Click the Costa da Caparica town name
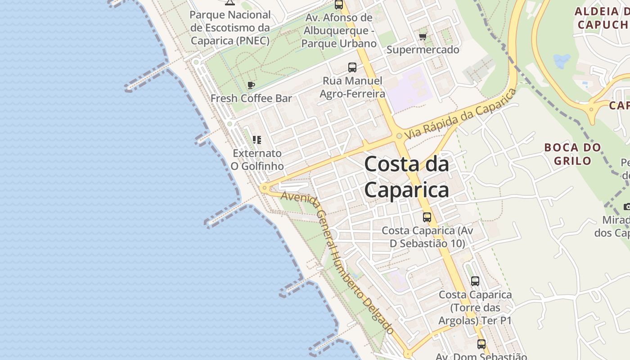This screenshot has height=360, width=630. (x=406, y=177)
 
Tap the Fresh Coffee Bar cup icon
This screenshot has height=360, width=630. (x=251, y=85)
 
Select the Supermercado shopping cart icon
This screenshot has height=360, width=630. (x=423, y=36)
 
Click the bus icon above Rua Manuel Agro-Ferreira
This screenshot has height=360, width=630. (x=352, y=67)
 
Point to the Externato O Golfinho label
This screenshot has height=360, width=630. (x=257, y=160)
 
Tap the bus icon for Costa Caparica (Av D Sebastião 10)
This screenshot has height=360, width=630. (x=427, y=217)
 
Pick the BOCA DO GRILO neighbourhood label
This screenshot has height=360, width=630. (x=572, y=154)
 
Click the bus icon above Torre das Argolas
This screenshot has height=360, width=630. (x=475, y=281)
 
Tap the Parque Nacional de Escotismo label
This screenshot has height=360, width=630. (x=230, y=27)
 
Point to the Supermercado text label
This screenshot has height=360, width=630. (x=423, y=49)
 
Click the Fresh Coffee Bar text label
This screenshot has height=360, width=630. (x=251, y=98)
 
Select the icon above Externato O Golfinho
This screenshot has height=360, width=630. (x=257, y=140)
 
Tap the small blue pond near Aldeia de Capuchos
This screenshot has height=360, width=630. (x=562, y=61)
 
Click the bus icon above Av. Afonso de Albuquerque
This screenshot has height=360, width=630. (x=339, y=5)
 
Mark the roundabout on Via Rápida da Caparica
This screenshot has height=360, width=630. (x=399, y=135)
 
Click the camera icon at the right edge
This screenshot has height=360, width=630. (x=627, y=207)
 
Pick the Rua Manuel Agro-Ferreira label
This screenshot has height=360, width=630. (x=352, y=87)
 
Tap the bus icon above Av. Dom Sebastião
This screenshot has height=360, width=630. (x=481, y=344)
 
